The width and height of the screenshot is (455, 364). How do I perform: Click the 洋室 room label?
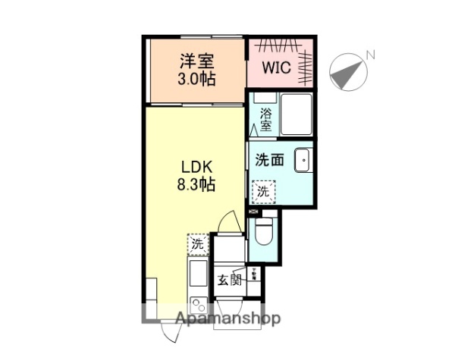coord(196,60)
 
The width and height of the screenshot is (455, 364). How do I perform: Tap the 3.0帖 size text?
coord(196,77)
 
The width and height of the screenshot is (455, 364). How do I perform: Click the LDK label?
coord(194,166)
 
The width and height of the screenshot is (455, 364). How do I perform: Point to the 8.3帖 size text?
coord(194,184)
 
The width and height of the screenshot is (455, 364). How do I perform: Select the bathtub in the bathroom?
coord(297,115)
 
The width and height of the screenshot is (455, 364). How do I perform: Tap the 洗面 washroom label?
coord(270,161)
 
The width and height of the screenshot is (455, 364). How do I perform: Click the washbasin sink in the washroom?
coord(303,160)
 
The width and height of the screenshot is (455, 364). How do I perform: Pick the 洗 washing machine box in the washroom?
coord(262,191)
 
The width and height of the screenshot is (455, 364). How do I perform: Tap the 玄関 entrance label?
coord(230,279)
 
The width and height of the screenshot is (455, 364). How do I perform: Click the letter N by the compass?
coord(371,55)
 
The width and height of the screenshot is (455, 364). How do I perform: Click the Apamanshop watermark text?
coord(228,318)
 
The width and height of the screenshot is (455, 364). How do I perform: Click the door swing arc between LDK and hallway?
coord(230,223)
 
